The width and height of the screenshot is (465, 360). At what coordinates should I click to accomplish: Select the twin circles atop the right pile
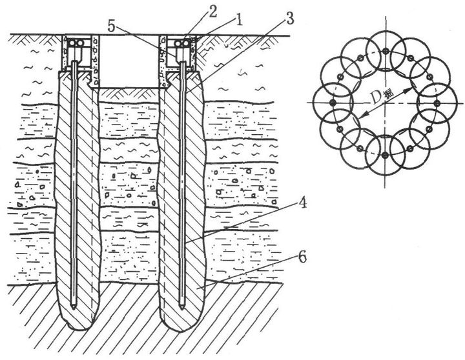pyautogui.click(x=185, y=42)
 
